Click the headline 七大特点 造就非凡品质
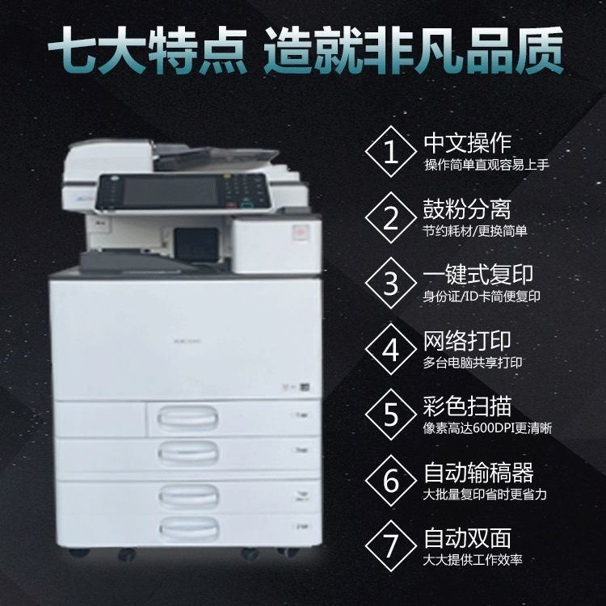click(x=305, y=50)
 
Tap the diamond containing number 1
click(x=391, y=152)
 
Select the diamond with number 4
click(x=391, y=349)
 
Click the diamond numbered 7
click(x=391, y=546)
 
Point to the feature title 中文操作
click(x=467, y=143)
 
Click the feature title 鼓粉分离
click(x=467, y=209)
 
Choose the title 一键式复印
click(x=478, y=275)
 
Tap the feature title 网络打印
click(x=467, y=340)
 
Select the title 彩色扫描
click(x=467, y=406)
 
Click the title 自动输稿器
click(x=478, y=473)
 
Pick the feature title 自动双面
click(x=467, y=538)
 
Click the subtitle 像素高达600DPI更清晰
click(x=487, y=428)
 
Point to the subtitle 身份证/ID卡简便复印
click(x=482, y=297)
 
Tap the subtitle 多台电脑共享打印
click(x=473, y=363)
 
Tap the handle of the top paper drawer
click(x=187, y=419)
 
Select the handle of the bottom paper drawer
click(x=189, y=528)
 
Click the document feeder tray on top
click(x=217, y=158)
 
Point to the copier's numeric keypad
click(x=243, y=188)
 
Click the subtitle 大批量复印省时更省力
click(x=485, y=494)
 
